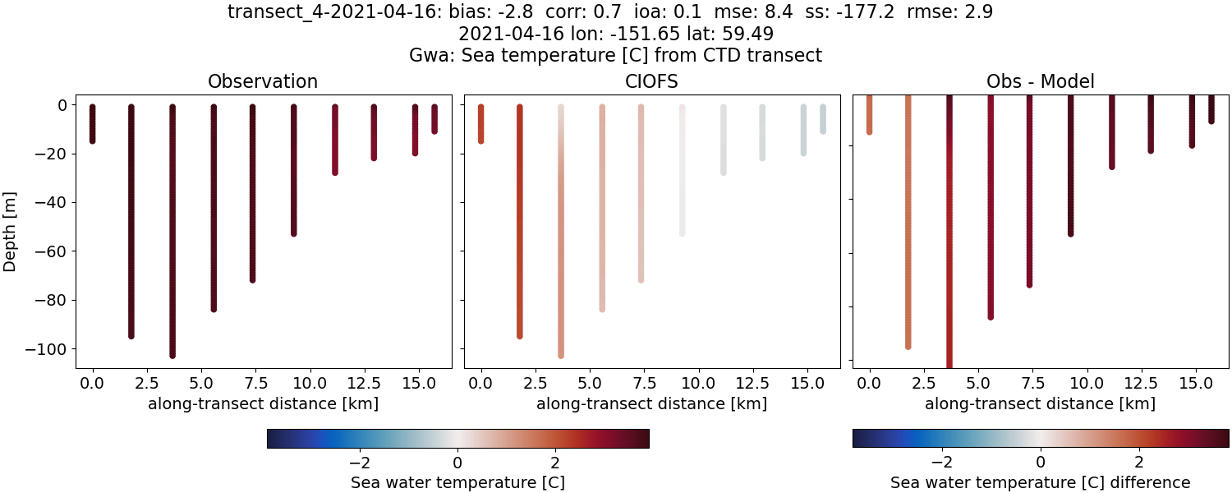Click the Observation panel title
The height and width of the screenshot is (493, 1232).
tap(263, 81)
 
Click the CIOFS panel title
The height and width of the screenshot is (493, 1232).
tap(652, 81)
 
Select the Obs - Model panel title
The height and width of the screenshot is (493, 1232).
tap(1040, 81)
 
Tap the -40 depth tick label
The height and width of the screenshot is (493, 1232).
tap(50, 203)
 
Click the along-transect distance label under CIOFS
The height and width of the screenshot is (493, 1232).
tap(652, 403)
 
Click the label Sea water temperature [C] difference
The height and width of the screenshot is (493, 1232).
tap(1040, 482)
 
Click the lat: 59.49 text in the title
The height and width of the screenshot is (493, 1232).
tap(727, 35)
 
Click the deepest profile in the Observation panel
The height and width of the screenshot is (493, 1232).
tap(172, 230)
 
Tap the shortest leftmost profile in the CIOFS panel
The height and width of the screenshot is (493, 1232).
tap(481, 123)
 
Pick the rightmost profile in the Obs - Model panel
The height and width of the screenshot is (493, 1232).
tap(1211, 108)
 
